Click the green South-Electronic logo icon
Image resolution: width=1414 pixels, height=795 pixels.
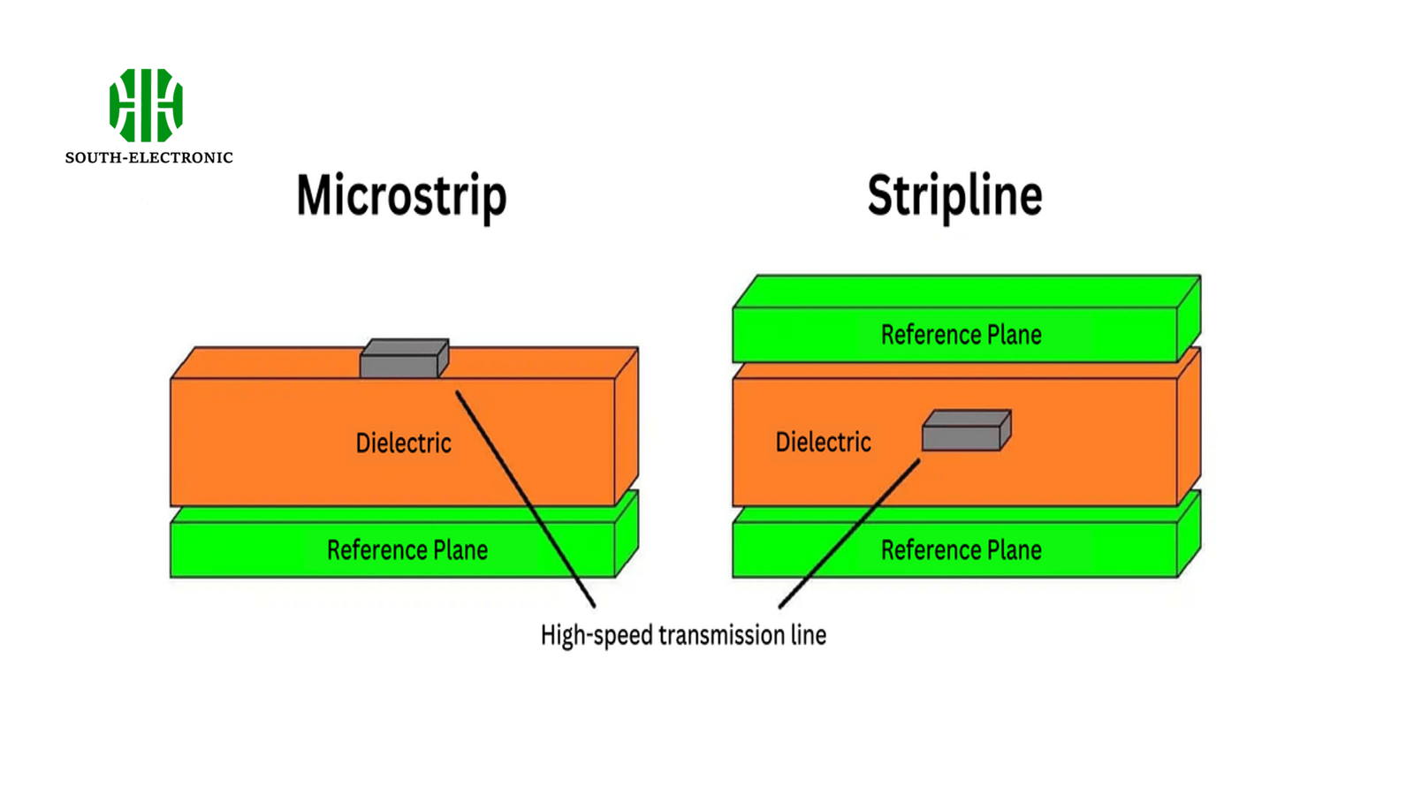coord(146,105)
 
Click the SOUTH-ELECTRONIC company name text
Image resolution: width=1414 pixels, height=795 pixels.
coord(148,158)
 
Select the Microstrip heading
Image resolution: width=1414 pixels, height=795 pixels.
coord(401,196)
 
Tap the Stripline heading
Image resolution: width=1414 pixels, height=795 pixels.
coord(954,196)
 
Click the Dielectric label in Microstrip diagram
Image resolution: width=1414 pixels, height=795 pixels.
coord(403,443)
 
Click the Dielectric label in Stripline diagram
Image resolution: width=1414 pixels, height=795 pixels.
coord(823,442)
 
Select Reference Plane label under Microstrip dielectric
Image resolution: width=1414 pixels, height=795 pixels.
coord(407,550)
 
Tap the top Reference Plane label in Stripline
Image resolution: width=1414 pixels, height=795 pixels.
coord(961,335)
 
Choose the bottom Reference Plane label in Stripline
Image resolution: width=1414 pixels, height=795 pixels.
coord(961,550)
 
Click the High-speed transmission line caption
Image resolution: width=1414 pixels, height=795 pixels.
coord(683,635)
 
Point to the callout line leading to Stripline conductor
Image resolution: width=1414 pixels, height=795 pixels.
coord(848,534)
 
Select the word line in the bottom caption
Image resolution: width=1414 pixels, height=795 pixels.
coord(809,635)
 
